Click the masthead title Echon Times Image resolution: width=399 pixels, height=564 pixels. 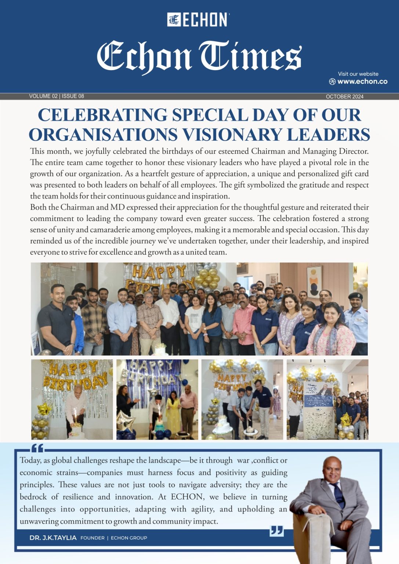click(199, 56)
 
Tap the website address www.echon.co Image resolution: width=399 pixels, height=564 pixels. click(362, 82)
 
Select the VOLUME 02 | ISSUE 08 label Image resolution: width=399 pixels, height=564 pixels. click(57, 96)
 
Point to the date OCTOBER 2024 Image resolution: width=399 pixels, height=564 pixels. click(344, 97)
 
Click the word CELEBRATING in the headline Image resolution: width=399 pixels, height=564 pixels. click(103, 115)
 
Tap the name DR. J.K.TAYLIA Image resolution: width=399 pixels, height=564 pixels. click(53, 538)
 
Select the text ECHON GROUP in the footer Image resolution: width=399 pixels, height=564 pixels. click(129, 538)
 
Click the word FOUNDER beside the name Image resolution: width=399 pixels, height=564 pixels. click(93, 538)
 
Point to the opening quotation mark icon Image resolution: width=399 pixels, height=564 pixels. click(37, 449)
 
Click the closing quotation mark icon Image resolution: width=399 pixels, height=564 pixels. click(276, 531)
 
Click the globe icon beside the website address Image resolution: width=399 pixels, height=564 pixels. click(332, 82)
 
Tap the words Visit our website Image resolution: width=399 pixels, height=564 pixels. click(358, 74)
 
